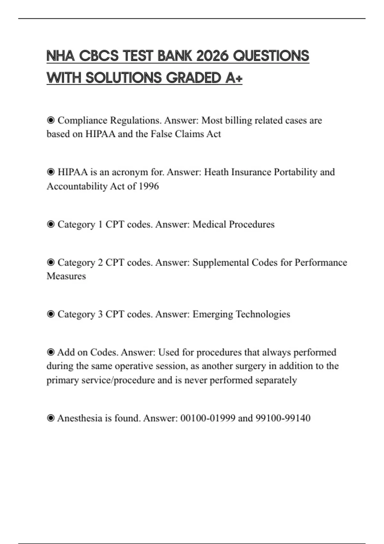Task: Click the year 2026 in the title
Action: [x=212, y=56]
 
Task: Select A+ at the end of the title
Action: [x=234, y=78]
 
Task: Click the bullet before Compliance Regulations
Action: [x=51, y=120]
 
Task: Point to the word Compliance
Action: [x=82, y=120]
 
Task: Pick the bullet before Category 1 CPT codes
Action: [x=51, y=224]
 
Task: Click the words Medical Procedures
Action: [x=233, y=224]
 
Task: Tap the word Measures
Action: [x=66, y=276]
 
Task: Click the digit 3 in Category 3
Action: [x=100, y=314]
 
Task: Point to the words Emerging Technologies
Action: [x=241, y=314]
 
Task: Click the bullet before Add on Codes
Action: [x=51, y=352]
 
